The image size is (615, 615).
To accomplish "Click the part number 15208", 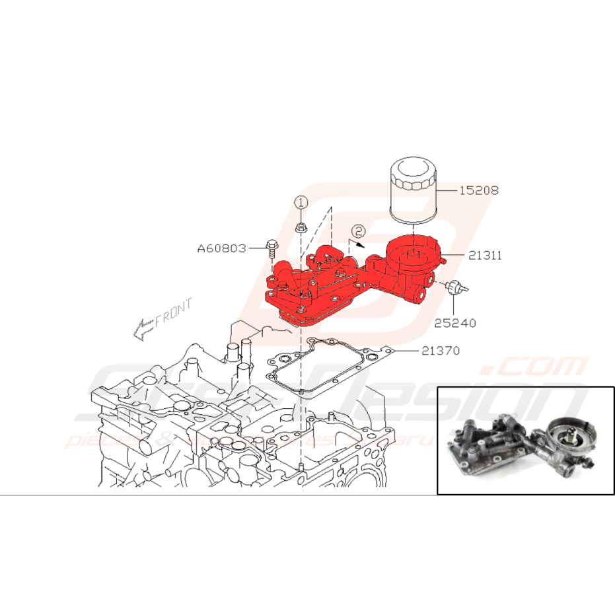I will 480,190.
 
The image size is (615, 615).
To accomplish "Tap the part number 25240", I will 454,323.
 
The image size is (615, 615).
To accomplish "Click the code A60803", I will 221,248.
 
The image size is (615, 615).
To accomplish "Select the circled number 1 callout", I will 301,203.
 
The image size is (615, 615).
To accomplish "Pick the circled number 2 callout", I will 357,231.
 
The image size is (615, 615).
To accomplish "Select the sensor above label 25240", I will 454,287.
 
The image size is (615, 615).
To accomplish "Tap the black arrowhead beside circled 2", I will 361,242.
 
